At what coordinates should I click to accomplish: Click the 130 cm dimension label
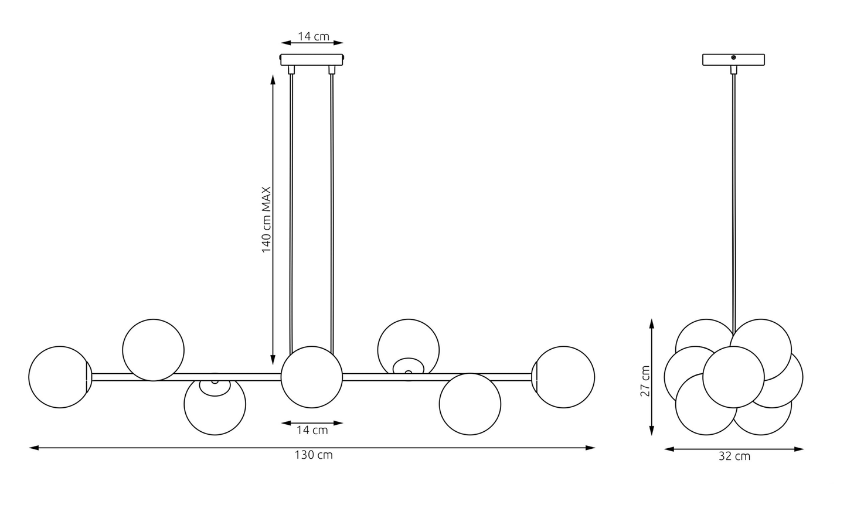(314, 455)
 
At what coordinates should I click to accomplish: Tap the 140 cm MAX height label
(267, 220)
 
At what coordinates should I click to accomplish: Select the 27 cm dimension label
(645, 381)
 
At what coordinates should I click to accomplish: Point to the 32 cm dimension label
(734, 456)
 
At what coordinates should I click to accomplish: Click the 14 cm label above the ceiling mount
(314, 37)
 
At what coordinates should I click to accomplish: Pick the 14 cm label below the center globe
(312, 431)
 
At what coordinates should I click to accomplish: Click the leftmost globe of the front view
(60, 377)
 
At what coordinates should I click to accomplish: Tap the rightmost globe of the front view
(563, 377)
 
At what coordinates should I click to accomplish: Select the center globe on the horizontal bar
(312, 377)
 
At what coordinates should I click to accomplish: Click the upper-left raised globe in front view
(153, 350)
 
